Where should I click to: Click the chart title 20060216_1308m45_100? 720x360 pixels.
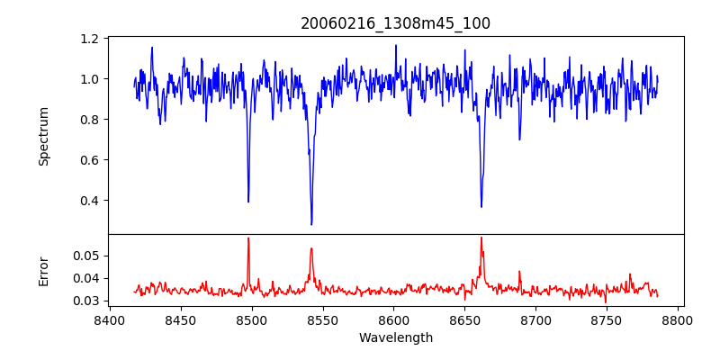pos(395,23)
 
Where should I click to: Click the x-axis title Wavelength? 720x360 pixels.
pos(395,338)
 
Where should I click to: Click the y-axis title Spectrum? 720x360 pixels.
pos(43,136)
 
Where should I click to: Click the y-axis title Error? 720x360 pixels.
pos(43,270)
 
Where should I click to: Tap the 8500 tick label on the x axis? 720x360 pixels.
pos(252,320)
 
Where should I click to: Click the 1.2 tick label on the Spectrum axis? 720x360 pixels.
pos(89,39)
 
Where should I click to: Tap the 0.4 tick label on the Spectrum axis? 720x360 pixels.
pos(89,201)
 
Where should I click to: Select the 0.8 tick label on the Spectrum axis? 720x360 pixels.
pos(89,120)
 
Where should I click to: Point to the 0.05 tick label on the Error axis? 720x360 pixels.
pos(85,256)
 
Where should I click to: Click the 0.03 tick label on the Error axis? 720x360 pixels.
pos(85,301)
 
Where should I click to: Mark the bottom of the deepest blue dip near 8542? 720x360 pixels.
pos(311,224)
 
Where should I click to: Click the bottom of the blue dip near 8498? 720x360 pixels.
pos(248,202)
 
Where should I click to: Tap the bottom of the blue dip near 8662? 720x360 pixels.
pos(481,207)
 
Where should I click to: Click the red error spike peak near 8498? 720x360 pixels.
pos(248,238)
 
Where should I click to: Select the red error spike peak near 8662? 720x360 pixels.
pos(481,238)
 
